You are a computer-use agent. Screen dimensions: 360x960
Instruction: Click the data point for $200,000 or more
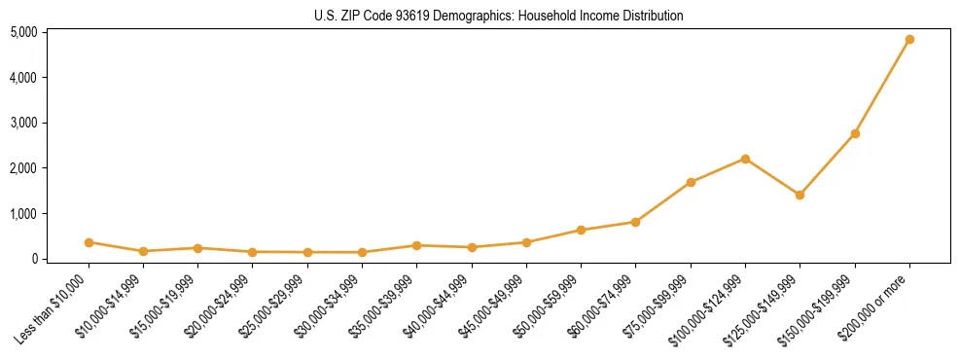(x=909, y=40)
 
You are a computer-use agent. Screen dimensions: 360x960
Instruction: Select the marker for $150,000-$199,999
(x=855, y=133)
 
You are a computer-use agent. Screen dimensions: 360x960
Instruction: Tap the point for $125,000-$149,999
(x=800, y=195)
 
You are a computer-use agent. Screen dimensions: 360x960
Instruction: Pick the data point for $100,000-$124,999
(x=745, y=159)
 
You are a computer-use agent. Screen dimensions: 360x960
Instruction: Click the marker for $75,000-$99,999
(x=691, y=182)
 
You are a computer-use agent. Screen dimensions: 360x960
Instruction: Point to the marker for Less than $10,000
(x=89, y=242)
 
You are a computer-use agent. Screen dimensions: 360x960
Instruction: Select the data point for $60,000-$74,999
(x=635, y=222)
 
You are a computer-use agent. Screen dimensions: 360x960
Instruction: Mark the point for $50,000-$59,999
(x=581, y=231)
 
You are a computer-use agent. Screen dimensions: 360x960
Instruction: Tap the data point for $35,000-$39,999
(x=416, y=245)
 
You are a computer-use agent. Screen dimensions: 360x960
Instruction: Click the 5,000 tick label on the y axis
(x=24, y=32)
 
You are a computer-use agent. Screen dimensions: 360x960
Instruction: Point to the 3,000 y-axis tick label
(x=24, y=123)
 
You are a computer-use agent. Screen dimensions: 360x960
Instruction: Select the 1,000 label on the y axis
(x=24, y=213)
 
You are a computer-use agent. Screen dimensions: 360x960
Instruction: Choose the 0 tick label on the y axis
(x=33, y=259)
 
